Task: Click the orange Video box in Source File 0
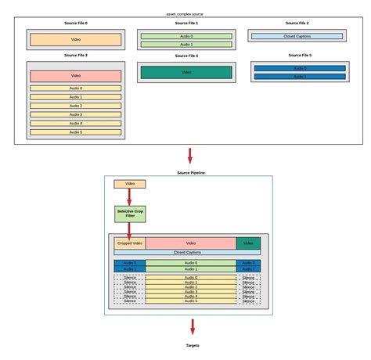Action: [75, 39]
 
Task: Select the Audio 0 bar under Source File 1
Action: [185, 37]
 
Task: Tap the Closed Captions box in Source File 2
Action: [296, 36]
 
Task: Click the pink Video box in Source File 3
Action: [75, 76]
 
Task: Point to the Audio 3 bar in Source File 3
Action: [75, 114]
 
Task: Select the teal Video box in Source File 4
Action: [185, 72]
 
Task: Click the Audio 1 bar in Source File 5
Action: [300, 77]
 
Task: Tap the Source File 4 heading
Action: [185, 56]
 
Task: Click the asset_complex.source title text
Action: [185, 14]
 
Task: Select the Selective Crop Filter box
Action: [130, 212]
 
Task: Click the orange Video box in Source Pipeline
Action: [130, 184]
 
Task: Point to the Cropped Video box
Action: [130, 243]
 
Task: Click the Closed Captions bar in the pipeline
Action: [188, 253]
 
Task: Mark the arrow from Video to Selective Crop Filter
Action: [130, 196]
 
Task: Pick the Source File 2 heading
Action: [296, 23]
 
